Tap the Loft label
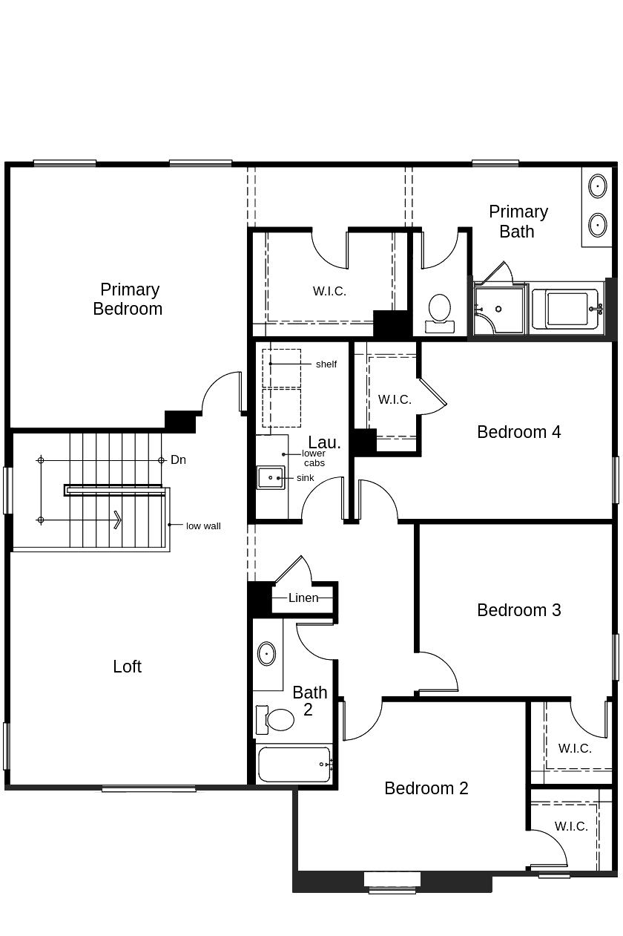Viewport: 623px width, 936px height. (127, 667)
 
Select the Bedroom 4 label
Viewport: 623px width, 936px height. (518, 432)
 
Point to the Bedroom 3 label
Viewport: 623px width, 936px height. (518, 610)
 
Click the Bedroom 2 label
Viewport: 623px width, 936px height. (426, 788)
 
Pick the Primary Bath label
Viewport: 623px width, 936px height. (518, 221)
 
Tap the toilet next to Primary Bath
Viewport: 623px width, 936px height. (440, 312)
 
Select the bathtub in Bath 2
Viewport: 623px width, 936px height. (294, 765)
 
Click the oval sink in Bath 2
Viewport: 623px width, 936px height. (266, 654)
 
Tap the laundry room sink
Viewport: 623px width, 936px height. (270, 477)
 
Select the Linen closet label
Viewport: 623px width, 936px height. (303, 598)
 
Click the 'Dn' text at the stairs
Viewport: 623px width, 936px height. (178, 460)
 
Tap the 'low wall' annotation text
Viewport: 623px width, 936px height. (203, 526)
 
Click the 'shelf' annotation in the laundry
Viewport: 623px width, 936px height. (326, 364)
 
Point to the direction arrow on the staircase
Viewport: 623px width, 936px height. (116, 520)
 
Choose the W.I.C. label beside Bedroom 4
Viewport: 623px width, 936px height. (395, 399)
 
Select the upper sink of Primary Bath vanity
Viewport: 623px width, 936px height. (598, 186)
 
